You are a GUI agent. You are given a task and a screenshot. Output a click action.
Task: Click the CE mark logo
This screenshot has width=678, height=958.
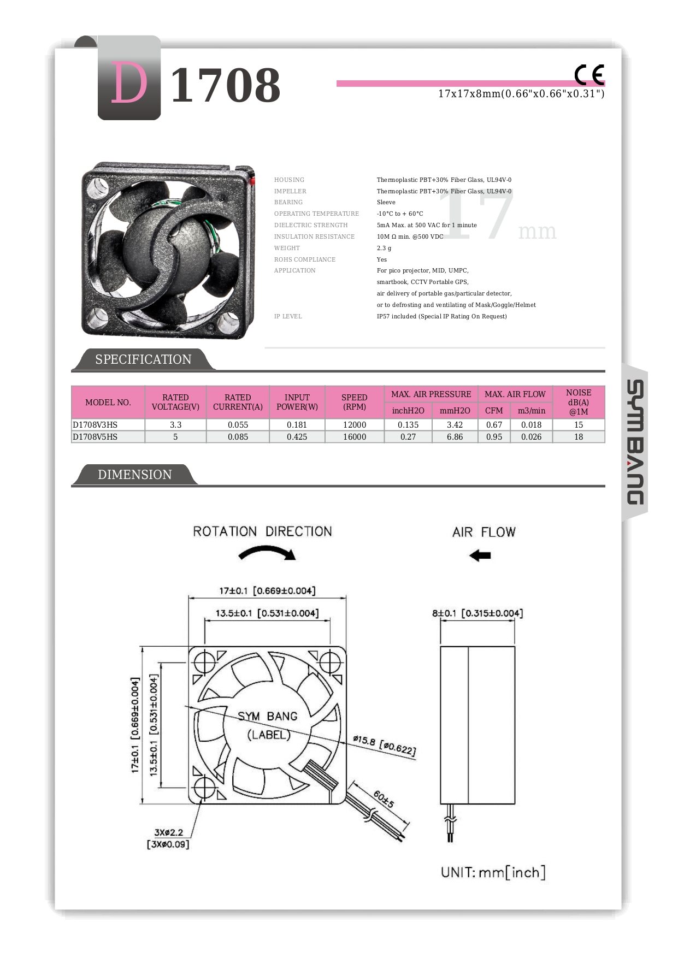[589, 75]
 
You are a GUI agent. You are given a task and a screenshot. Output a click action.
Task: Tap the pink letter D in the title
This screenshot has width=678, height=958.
[129, 83]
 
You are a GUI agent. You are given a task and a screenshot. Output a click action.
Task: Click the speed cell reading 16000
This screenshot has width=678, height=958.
[354, 437]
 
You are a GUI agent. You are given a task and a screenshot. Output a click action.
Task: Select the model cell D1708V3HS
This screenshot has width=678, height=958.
[95, 425]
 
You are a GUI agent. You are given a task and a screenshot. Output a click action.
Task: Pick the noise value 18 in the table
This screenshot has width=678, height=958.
[578, 437]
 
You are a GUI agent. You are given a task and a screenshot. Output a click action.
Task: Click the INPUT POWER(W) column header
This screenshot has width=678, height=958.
[297, 402]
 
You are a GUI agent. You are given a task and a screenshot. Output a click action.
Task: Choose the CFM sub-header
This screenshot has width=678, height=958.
[494, 411]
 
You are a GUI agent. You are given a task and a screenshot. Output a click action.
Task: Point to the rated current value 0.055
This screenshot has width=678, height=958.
[238, 425]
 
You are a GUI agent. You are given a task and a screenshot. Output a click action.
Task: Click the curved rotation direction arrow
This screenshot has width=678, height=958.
[267, 554]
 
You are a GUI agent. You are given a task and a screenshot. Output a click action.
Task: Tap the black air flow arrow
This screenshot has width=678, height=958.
[480, 555]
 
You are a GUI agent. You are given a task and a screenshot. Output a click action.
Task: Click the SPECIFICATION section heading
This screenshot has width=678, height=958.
[143, 359]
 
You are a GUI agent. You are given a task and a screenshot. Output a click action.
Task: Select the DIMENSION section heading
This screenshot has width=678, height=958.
[134, 475]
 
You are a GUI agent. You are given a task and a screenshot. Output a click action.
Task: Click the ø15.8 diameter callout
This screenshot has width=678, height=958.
[384, 745]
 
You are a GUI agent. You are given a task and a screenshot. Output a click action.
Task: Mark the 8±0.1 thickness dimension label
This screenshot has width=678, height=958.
[477, 613]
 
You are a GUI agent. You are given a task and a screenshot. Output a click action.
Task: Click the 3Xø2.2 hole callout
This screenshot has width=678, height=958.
[168, 838]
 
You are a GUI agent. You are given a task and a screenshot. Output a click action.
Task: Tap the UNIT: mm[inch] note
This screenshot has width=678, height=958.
[493, 872]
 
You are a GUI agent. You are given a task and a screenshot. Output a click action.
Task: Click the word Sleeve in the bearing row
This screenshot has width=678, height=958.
[386, 202]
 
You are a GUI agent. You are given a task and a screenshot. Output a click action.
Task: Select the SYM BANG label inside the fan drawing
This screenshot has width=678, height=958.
[267, 716]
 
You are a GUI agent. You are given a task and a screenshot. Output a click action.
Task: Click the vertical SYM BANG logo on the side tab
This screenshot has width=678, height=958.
[634, 442]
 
